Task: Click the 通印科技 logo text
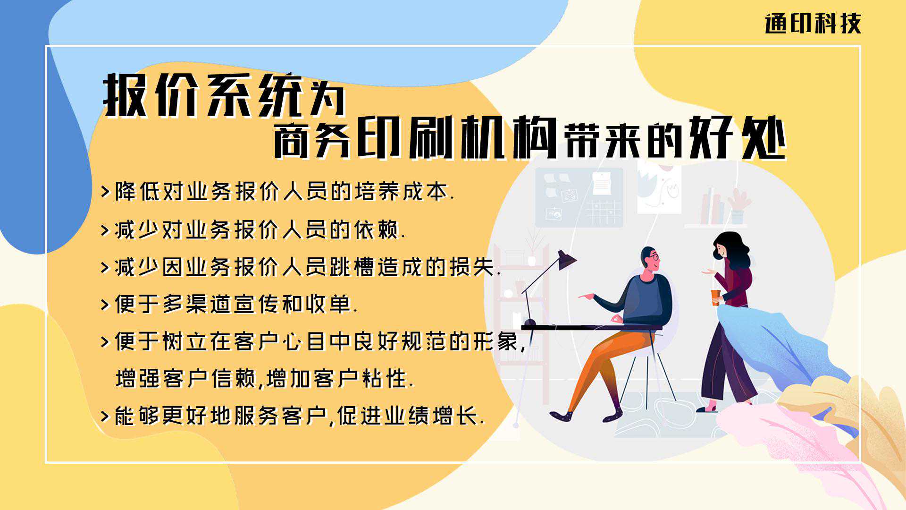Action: click(x=813, y=24)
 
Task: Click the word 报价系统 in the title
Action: click(x=203, y=95)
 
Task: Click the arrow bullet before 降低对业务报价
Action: click(x=105, y=192)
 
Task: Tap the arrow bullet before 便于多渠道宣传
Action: click(x=105, y=304)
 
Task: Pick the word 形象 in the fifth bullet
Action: click(x=495, y=341)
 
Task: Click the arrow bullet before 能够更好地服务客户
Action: click(x=105, y=416)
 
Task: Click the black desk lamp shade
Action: click(x=567, y=260)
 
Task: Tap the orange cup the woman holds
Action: click(x=716, y=297)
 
